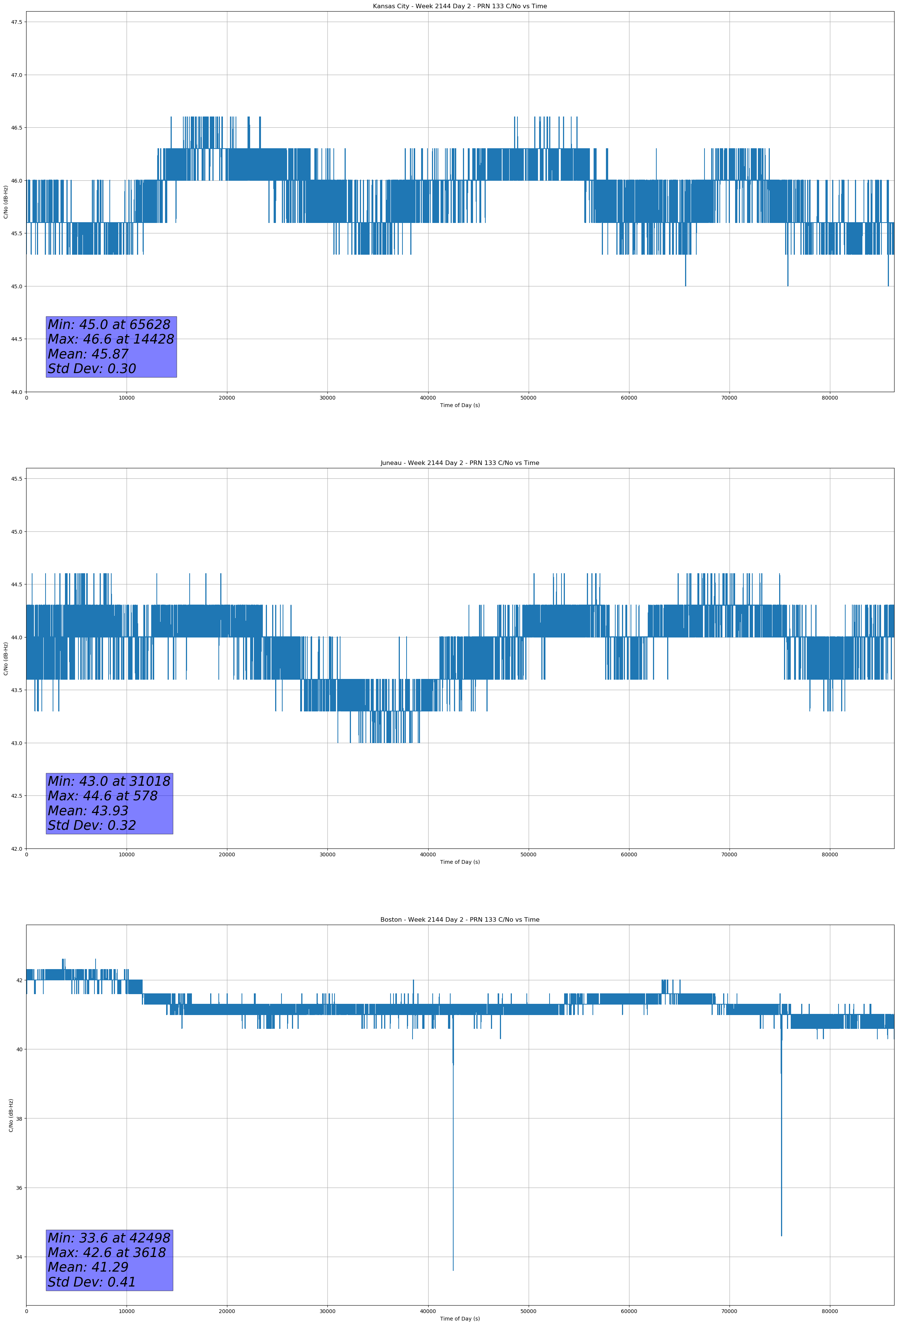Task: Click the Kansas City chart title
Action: pyautogui.click(x=460, y=6)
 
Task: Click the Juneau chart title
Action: pyautogui.click(x=460, y=463)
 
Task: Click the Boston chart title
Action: pyautogui.click(x=460, y=920)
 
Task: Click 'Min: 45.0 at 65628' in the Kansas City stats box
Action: pyautogui.click(x=109, y=325)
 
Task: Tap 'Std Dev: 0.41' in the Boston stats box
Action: pyautogui.click(x=92, y=1282)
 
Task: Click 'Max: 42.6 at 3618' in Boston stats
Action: pyautogui.click(x=107, y=1253)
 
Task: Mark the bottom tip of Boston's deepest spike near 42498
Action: pyautogui.click(x=453, y=1270)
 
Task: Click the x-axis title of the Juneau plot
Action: pyautogui.click(x=460, y=862)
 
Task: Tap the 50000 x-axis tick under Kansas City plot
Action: pyautogui.click(x=528, y=398)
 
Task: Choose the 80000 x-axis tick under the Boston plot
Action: pyautogui.click(x=830, y=1311)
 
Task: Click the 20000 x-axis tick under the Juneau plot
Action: pyautogui.click(x=227, y=854)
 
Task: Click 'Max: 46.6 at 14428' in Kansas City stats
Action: pyautogui.click(x=111, y=339)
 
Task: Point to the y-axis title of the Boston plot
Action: pyautogui.click(x=11, y=1115)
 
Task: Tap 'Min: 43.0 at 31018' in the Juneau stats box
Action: pyautogui.click(x=109, y=781)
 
